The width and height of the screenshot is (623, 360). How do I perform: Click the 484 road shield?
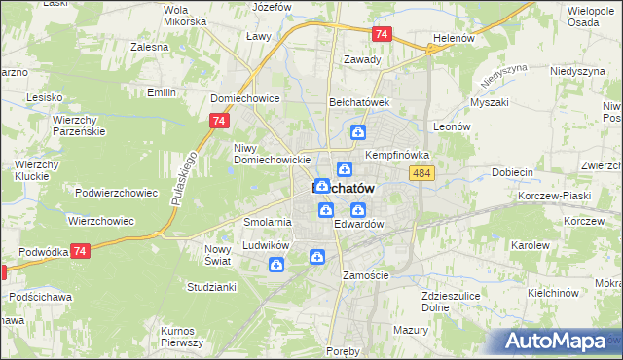pyautogui.click(x=421, y=172)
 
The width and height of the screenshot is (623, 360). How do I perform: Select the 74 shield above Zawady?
pyautogui.click(x=381, y=34)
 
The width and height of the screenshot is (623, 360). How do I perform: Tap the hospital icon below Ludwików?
pyautogui.click(x=277, y=266)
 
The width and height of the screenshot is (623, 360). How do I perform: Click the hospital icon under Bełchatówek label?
pyautogui.click(x=358, y=133)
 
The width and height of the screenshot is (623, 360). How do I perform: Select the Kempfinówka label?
pyautogui.click(x=397, y=155)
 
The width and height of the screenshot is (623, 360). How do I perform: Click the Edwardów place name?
pyautogui.click(x=359, y=224)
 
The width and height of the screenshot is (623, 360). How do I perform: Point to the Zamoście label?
pyautogui.click(x=365, y=275)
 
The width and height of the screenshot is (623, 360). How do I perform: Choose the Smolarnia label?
pyautogui.click(x=268, y=222)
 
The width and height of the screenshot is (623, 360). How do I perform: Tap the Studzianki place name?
pyautogui.click(x=211, y=287)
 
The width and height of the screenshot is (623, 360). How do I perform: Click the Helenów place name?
pyautogui.click(x=453, y=39)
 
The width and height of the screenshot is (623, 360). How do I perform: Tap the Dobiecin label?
pyautogui.click(x=513, y=171)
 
